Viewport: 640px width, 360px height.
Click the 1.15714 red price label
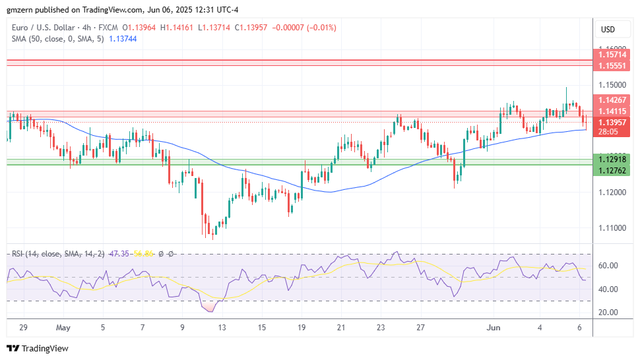click(x=612, y=56)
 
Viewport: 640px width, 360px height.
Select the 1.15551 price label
click(x=612, y=66)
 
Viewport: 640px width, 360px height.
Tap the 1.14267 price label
click(x=612, y=100)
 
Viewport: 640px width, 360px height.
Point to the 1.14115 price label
click(x=612, y=111)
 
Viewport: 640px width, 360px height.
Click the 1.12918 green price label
click(x=612, y=159)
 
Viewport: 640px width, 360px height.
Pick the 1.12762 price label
click(x=612, y=169)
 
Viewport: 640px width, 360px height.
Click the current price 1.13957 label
click(x=612, y=122)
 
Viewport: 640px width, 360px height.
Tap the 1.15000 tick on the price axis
click(x=612, y=85)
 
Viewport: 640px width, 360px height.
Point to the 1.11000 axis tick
click(x=612, y=228)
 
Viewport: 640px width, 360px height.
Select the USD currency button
click(x=608, y=30)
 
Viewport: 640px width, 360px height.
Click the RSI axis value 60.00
click(x=608, y=266)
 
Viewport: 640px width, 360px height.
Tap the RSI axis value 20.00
click(x=608, y=313)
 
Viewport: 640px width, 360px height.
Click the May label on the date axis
click(x=63, y=328)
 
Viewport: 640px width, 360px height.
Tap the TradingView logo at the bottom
click(x=38, y=348)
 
